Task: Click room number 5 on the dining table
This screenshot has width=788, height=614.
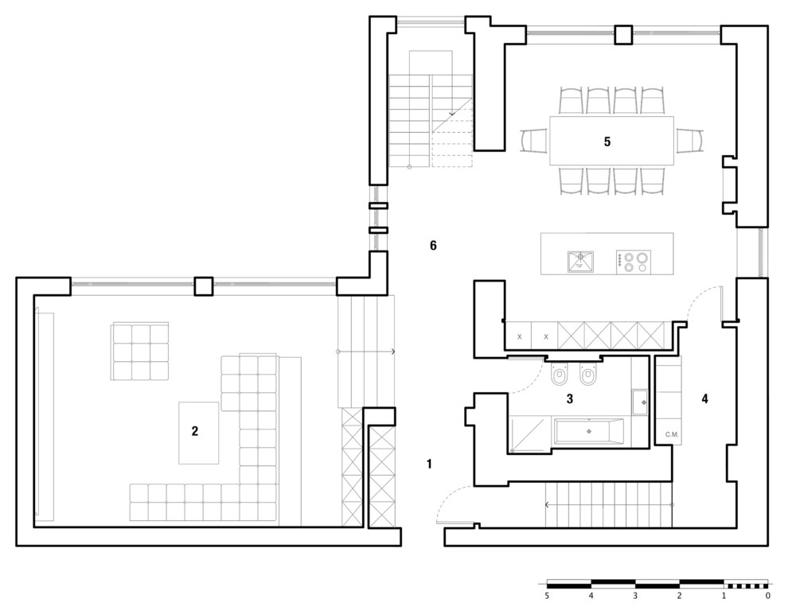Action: click(607, 142)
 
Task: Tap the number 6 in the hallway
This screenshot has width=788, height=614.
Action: click(433, 246)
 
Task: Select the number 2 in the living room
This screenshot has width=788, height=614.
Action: click(195, 431)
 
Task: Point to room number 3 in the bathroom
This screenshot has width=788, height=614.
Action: click(569, 398)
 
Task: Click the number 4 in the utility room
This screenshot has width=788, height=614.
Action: click(704, 398)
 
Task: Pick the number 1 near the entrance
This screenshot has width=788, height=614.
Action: click(429, 464)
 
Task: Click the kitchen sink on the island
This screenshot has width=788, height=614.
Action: click(580, 262)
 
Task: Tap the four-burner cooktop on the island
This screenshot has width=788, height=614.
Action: click(634, 262)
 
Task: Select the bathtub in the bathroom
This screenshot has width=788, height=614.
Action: click(589, 431)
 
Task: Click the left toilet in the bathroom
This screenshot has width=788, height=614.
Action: click(559, 374)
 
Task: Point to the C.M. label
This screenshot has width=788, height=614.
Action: click(672, 434)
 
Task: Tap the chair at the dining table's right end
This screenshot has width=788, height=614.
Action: click(689, 141)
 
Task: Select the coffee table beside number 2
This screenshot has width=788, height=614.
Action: click(198, 433)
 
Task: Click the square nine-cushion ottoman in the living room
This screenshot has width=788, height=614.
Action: click(140, 352)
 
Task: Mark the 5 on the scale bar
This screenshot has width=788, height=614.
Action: click(546, 596)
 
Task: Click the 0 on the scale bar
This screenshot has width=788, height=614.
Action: click(767, 596)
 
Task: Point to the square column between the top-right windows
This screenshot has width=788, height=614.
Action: click(624, 34)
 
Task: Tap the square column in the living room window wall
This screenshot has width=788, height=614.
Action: click(204, 286)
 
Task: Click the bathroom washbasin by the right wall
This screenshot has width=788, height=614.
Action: click(640, 402)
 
